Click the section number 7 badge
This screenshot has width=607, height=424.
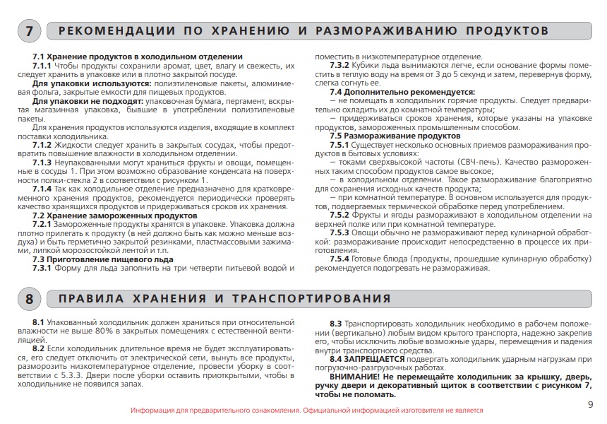point(29,31)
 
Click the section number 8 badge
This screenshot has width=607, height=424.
point(29,299)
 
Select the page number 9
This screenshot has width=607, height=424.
point(590,404)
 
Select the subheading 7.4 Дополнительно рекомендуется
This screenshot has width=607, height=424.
point(403,91)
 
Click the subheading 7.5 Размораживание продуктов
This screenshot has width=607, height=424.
point(395,136)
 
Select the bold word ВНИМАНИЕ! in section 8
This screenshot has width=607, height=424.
point(352,377)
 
